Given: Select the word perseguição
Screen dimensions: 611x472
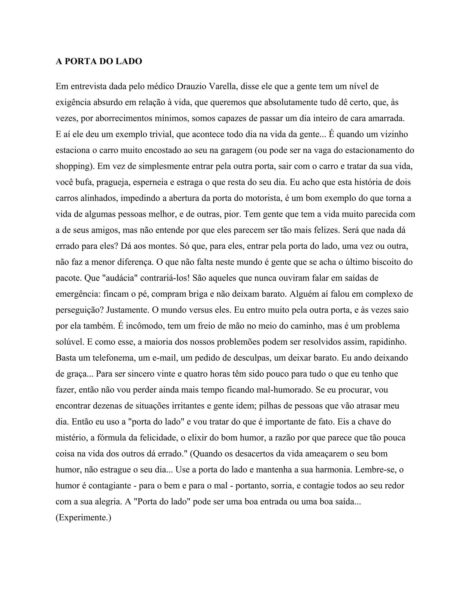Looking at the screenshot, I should coord(80,310).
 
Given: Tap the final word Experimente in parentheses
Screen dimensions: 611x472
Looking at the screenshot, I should coord(83,518).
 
